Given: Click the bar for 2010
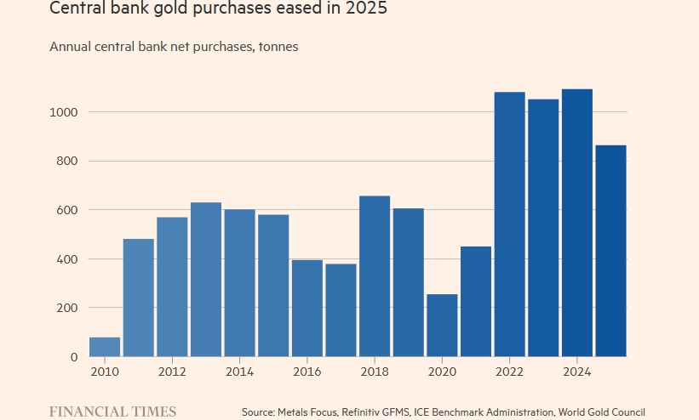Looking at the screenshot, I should (105, 347).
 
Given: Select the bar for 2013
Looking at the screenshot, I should (206, 280).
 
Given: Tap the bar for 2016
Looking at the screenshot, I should (307, 308).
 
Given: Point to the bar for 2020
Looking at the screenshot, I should (442, 326).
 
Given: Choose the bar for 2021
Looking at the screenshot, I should (476, 302).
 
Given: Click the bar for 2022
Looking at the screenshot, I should (509, 224).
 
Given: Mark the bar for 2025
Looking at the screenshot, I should (610, 251).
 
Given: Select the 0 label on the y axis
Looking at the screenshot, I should (74, 357).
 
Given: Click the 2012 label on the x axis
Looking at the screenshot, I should (172, 372).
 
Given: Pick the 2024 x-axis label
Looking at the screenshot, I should (576, 372).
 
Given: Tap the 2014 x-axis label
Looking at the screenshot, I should (239, 372).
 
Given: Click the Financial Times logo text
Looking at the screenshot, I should (112, 411).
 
